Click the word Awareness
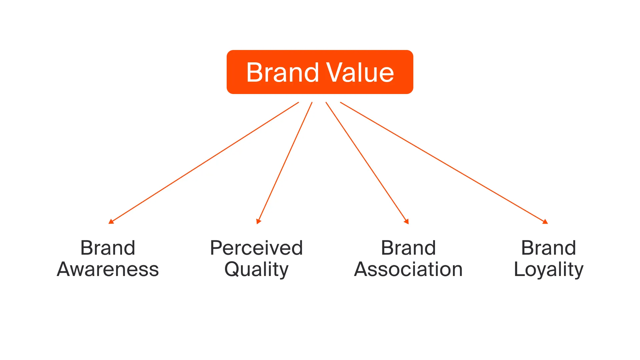tap(108, 269)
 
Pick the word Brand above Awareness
tap(108, 248)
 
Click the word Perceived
tap(256, 248)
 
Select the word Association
tap(408, 269)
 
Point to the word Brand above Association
tap(408, 248)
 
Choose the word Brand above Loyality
tap(549, 248)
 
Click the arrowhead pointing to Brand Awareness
tap(111, 221)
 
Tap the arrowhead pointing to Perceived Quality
tap(258, 221)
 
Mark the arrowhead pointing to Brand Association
tap(406, 221)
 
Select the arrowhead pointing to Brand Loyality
tap(545, 222)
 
